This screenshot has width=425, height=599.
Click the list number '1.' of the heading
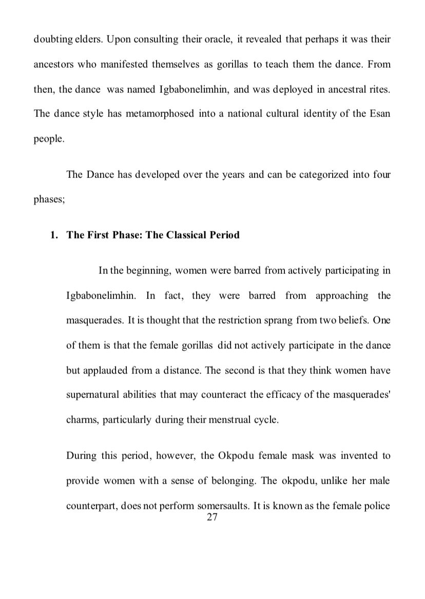54,235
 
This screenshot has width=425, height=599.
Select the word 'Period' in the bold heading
225,235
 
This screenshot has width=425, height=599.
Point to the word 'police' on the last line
377,505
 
